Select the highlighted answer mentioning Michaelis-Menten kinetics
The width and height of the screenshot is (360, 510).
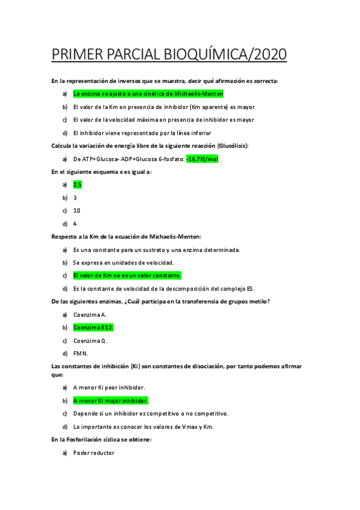[x=148, y=94]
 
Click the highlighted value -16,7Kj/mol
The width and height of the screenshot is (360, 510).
[x=202, y=159]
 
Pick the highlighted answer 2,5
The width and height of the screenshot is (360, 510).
[x=77, y=185]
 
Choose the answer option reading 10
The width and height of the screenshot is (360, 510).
[x=76, y=210]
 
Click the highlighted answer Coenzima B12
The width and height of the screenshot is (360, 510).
[x=93, y=328]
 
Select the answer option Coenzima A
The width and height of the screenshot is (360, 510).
[x=90, y=315]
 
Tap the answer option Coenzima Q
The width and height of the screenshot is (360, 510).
[x=90, y=340]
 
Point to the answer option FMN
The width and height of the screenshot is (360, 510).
[x=81, y=354]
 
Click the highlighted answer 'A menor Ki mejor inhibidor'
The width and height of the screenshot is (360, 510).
[x=110, y=401]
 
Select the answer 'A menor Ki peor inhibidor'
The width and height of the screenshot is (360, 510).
[x=109, y=387]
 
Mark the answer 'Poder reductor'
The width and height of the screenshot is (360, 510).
[x=93, y=453]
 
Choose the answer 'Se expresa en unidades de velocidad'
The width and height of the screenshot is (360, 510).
[x=123, y=263]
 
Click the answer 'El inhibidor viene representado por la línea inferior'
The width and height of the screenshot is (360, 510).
[x=142, y=133]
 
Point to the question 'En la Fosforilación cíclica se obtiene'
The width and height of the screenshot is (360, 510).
[x=102, y=440]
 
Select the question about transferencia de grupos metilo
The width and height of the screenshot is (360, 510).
[x=160, y=301]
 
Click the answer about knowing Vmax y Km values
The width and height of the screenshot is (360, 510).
[x=143, y=427]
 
